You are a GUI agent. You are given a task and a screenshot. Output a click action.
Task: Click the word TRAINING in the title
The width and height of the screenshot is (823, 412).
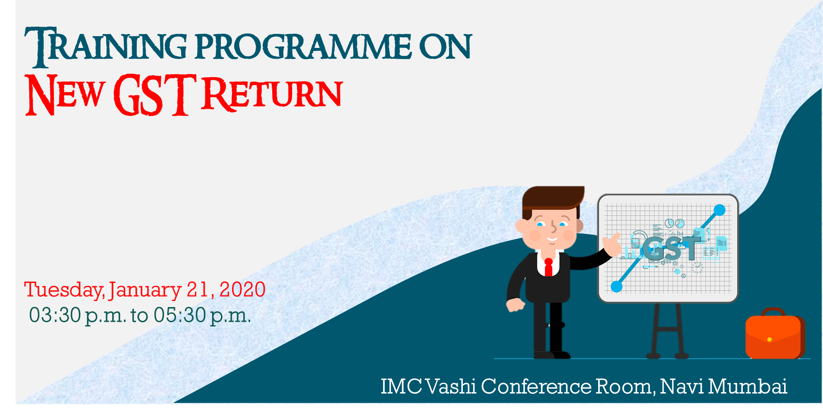pos(106,47)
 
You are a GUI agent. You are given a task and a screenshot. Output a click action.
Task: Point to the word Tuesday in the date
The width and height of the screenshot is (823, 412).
pos(64,290)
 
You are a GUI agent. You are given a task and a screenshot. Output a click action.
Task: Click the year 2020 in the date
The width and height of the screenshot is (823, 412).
pos(242,289)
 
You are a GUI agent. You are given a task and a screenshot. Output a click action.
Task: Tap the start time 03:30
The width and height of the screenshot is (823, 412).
pos(55,315)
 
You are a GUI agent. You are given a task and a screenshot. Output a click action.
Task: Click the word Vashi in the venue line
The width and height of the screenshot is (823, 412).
pos(451,386)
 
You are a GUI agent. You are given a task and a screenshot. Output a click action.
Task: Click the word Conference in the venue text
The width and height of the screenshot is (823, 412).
pos(536,386)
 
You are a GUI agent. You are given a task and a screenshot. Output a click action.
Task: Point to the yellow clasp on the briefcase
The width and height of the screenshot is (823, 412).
pos(770,339)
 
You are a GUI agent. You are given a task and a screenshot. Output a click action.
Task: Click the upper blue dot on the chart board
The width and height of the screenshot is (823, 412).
pos(719,210)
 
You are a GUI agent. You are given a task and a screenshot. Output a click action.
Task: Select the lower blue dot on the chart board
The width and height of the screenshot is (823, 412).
pos(617,286)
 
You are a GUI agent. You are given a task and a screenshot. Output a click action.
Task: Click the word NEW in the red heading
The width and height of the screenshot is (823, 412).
pos(65,95)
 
